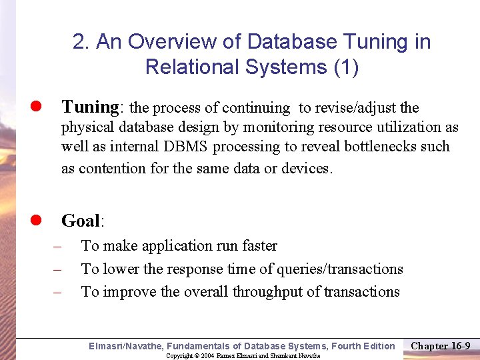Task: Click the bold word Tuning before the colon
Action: pos(89,107)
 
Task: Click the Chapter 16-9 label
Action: pos(441,345)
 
